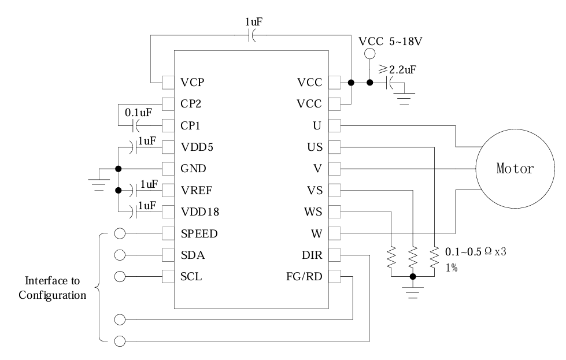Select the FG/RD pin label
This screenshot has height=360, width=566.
pyautogui.click(x=305, y=277)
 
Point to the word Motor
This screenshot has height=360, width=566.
pyautogui.click(x=514, y=169)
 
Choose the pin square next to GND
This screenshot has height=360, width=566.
pyautogui.click(x=168, y=169)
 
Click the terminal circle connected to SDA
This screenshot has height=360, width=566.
pyautogui.click(x=120, y=255)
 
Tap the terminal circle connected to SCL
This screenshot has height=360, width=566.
pyautogui.click(x=120, y=276)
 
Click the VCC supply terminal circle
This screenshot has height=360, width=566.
pyautogui.click(x=369, y=55)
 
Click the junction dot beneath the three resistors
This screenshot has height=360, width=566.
pyautogui.click(x=412, y=277)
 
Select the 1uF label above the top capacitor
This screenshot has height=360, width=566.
pyautogui.click(x=253, y=21)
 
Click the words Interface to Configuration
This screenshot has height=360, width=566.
pyautogui.click(x=52, y=288)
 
